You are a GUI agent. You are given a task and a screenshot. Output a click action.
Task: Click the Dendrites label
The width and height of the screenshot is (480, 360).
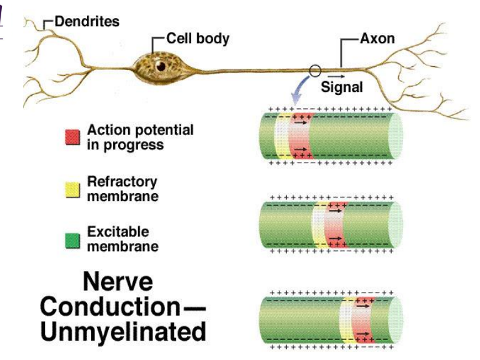pos(86,22)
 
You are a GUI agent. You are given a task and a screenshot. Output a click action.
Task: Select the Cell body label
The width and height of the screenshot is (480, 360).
pos(197,39)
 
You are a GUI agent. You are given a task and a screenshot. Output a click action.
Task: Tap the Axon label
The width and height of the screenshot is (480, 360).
pos(377,39)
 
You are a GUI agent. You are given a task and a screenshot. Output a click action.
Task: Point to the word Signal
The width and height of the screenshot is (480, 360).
pos(341,87)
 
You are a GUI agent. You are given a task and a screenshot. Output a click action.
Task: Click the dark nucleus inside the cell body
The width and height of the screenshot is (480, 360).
pos(161,65)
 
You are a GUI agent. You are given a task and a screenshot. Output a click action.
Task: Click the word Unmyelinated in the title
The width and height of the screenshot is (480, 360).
pos(122,331)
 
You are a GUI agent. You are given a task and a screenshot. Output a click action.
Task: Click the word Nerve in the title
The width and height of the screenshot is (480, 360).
pos(118,282)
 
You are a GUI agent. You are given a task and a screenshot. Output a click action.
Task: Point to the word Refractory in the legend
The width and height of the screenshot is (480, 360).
pos(122,182)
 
